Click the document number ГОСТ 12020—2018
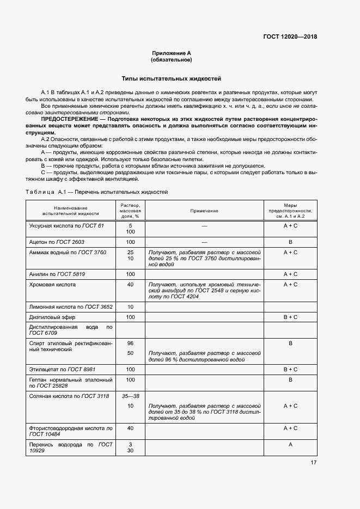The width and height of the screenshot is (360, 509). pyautogui.click(x=289, y=37)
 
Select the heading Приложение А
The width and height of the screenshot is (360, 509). pyautogui.click(x=172, y=53)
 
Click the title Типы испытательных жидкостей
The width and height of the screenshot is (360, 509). pyautogui.click(x=171, y=79)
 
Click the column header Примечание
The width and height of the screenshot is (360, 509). pyautogui.click(x=204, y=210)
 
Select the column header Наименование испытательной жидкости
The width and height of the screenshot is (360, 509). pyautogui.click(x=70, y=211)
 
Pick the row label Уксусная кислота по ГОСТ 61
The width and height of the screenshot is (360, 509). pyautogui.click(x=66, y=225)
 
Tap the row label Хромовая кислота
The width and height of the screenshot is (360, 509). pyautogui.click(x=52, y=285)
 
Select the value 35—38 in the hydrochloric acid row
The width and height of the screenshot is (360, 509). pyautogui.click(x=130, y=396)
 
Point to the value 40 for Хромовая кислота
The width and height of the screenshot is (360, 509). pyautogui.click(x=130, y=285)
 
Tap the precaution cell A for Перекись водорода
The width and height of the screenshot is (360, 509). pyautogui.click(x=290, y=445)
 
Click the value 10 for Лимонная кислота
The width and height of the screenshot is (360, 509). pyautogui.click(x=130, y=307)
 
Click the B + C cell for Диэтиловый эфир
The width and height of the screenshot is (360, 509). pyautogui.click(x=290, y=317)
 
